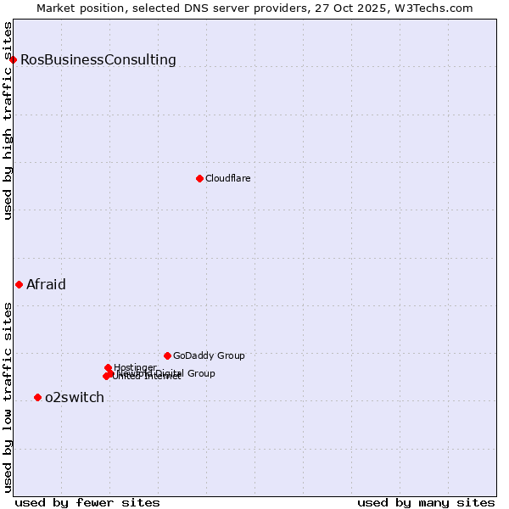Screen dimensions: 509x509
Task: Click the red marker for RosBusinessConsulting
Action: click(14, 59)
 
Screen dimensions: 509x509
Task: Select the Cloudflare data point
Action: click(199, 178)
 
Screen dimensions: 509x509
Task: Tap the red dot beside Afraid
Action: click(19, 284)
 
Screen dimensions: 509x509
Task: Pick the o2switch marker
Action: click(37, 397)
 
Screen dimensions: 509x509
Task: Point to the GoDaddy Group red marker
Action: click(167, 355)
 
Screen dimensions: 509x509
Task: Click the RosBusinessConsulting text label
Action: click(98, 59)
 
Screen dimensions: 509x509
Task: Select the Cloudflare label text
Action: click(227, 178)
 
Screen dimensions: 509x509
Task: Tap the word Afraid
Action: click(46, 284)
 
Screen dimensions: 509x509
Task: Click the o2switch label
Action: click(75, 397)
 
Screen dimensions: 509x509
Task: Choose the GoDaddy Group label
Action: click(209, 355)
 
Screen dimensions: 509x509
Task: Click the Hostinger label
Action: click(135, 367)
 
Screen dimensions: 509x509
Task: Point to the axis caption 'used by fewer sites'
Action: click(87, 502)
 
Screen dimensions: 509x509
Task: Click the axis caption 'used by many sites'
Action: click(426, 502)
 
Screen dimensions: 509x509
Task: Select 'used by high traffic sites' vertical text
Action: click(8, 121)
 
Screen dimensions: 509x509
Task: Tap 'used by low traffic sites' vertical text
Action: click(8, 396)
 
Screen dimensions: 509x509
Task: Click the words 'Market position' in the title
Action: click(76, 8)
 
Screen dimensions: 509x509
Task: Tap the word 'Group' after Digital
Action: click(200, 373)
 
